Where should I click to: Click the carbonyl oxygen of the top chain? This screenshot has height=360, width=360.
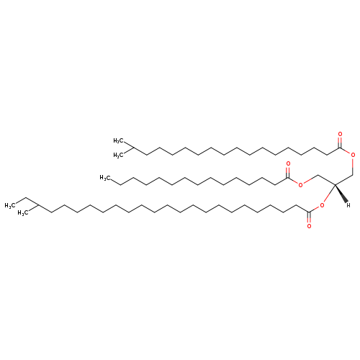[x=340, y=134]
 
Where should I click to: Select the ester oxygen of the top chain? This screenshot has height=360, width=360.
[x=353, y=155]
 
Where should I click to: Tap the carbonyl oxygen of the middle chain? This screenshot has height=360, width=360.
[x=288, y=164]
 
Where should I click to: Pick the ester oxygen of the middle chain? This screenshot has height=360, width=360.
[x=300, y=185]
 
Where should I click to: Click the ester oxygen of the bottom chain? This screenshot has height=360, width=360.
[x=322, y=205]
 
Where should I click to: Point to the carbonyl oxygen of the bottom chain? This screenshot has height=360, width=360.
[x=309, y=226]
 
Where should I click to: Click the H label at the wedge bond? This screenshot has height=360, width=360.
[x=348, y=205]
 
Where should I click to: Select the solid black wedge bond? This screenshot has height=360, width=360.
[x=341, y=194]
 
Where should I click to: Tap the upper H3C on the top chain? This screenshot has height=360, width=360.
[x=118, y=140]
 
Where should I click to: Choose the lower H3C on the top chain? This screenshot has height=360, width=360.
[x=118, y=156]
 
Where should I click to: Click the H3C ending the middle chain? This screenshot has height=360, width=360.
[x=105, y=178]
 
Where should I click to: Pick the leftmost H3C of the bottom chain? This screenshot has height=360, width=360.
[x=9, y=205]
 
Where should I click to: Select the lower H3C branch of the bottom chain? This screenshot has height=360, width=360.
[x=23, y=213]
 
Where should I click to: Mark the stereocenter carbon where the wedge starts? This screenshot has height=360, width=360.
[x=335, y=184]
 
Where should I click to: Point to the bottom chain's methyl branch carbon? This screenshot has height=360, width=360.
[x=39, y=205]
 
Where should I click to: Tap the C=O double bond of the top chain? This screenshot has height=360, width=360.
[x=340, y=143]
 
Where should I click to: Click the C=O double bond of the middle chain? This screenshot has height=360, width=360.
[x=288, y=172]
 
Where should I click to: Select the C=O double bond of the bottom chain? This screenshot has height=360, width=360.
[x=309, y=217]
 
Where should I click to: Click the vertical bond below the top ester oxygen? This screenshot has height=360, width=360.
[x=353, y=166]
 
